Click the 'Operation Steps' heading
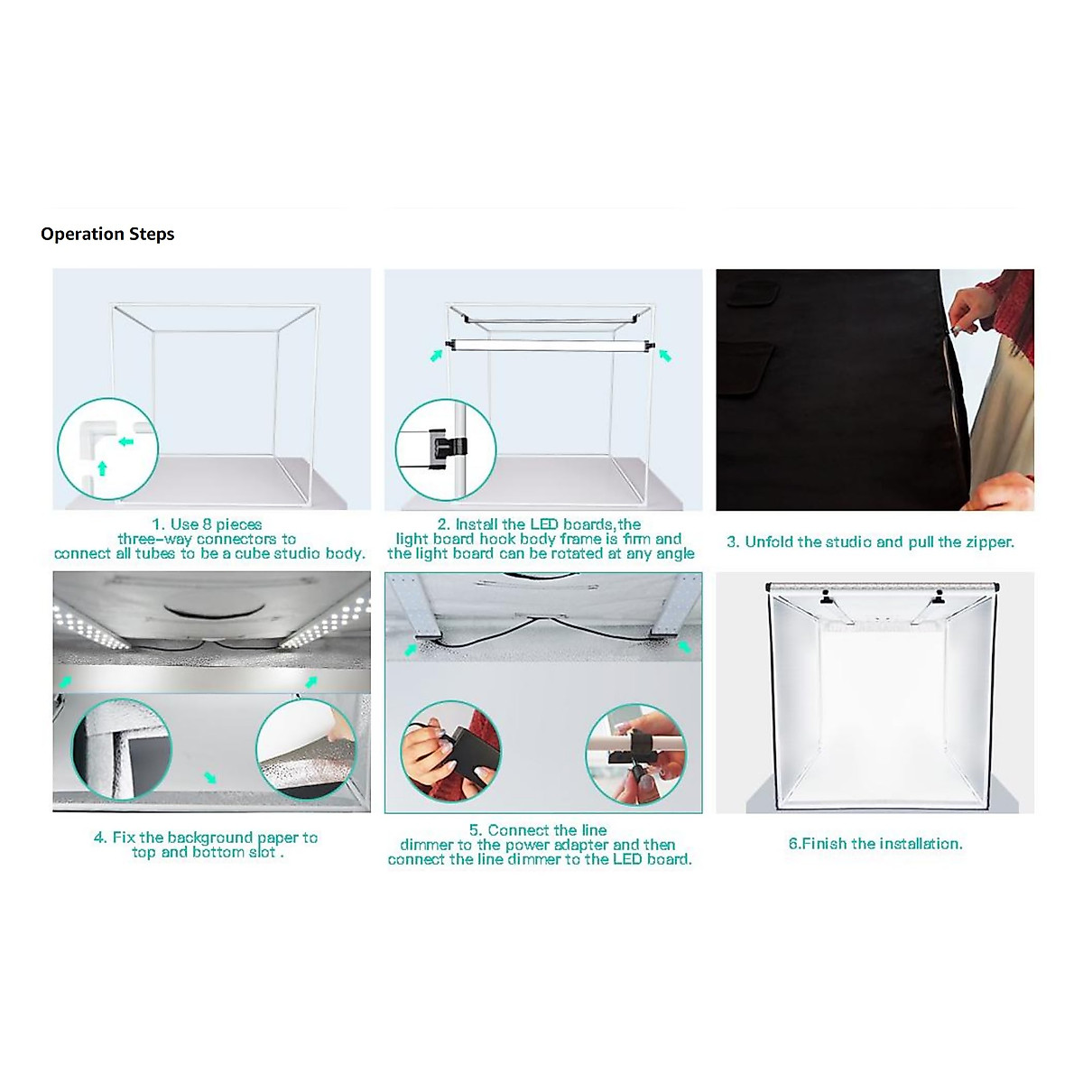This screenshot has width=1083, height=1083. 107,235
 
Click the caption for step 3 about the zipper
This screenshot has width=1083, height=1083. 870,542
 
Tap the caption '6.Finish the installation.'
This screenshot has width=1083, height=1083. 875,844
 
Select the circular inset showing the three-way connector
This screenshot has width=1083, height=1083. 107,449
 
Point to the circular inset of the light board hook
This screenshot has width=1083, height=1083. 445,449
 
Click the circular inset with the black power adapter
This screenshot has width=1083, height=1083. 449,750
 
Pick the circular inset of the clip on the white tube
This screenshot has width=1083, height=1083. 635,754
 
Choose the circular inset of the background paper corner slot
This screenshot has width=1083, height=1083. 121,749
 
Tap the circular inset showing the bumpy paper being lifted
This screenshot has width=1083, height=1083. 306,748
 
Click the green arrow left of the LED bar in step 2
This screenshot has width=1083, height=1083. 437,356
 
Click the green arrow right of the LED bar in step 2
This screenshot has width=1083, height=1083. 665,356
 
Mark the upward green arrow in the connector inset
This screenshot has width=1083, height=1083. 102,467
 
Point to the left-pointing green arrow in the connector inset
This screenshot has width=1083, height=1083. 125,441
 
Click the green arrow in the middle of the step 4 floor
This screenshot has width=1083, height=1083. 210,777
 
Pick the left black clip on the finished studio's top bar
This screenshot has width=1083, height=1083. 825,598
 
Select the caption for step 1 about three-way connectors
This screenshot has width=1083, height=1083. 209,539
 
